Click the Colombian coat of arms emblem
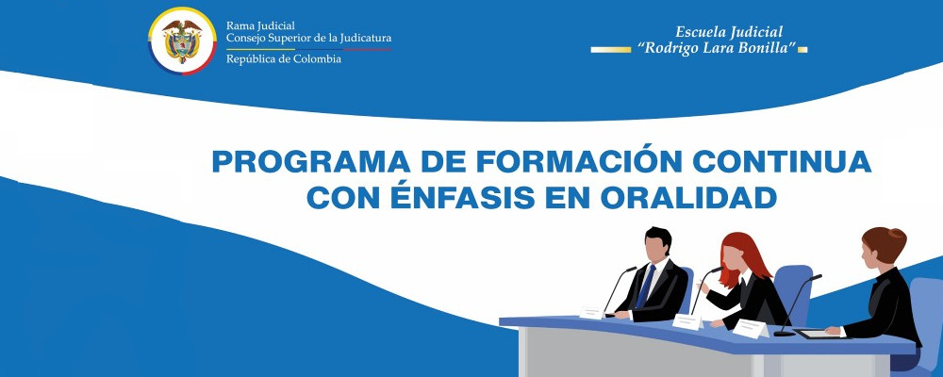coord(183,41)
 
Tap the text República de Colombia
coord(284,58)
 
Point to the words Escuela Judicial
coord(729,32)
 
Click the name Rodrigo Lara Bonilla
coord(717,49)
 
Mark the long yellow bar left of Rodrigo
coord(610,49)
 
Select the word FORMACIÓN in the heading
coord(550,162)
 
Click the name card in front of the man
coord(592,312)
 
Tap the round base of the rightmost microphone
coord(784,333)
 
